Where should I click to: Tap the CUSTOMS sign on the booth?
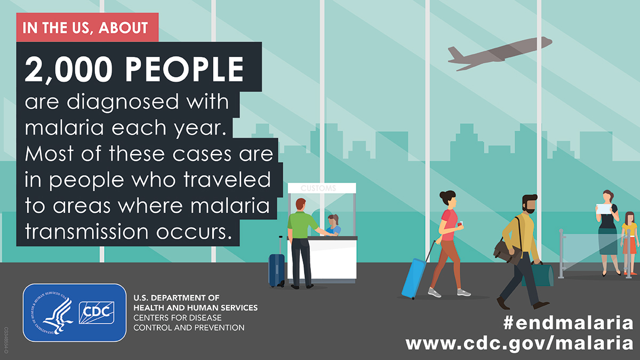[318, 188]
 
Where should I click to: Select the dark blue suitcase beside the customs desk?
[277, 270]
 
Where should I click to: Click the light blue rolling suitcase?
[414, 278]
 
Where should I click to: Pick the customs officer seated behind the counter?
[333, 225]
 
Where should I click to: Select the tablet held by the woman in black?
[603, 209]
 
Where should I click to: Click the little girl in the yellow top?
[630, 243]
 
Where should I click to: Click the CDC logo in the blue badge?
[97, 313]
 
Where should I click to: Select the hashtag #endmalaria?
[569, 323]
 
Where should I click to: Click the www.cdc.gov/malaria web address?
[519, 343]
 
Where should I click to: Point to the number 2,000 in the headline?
[69, 69]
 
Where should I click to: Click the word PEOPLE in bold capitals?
[185, 69]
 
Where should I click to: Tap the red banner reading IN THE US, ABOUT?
[87, 27]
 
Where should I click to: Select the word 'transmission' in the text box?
[86, 231]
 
